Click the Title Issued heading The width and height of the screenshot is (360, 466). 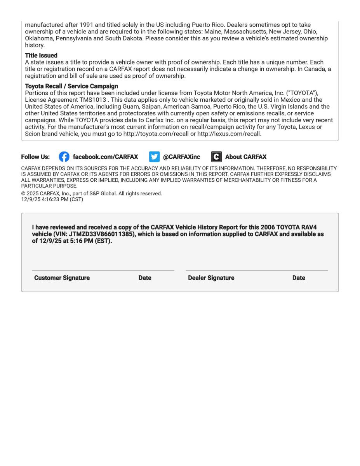[x=41, y=56]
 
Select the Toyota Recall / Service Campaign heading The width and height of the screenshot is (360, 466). [x=71, y=86]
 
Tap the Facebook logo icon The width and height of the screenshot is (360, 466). [x=64, y=157]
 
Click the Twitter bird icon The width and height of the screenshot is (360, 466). [x=154, y=157]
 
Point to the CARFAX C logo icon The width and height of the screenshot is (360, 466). [x=216, y=157]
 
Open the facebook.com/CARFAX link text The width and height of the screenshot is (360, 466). [x=105, y=157]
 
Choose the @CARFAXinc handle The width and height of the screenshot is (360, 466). [x=181, y=157]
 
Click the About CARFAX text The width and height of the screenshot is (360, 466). [x=246, y=157]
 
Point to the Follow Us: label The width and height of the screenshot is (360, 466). [x=35, y=157]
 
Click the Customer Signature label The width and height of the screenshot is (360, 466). [x=62, y=278]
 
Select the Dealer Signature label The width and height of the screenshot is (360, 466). [x=211, y=278]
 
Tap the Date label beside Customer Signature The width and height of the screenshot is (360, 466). [x=145, y=278]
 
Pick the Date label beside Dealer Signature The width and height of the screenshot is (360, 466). [x=299, y=278]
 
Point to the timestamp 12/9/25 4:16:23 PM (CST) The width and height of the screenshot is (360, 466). [x=52, y=200]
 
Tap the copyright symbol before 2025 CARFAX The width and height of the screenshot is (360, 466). [x=23, y=193]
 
